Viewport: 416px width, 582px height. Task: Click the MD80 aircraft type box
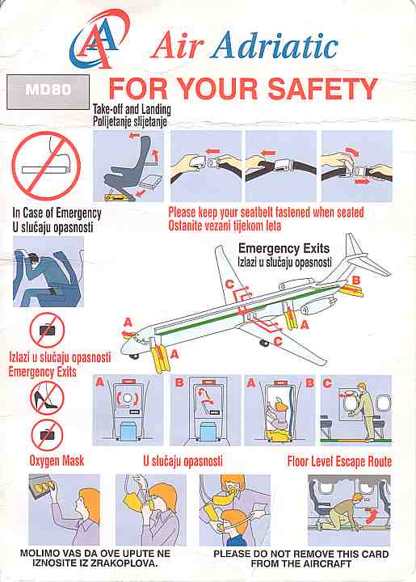[48, 91]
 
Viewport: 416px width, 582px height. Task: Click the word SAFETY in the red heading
[322, 89]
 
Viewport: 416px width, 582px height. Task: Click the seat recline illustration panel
[128, 166]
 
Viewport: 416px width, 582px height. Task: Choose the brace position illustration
[48, 272]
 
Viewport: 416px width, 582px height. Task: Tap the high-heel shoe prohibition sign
[47, 399]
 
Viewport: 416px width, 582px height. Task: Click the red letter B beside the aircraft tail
[356, 280]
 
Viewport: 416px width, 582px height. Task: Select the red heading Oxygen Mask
[57, 461]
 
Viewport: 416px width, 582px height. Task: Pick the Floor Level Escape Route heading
[339, 462]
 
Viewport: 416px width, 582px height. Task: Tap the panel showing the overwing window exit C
[356, 410]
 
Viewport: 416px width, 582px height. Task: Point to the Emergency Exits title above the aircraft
[284, 248]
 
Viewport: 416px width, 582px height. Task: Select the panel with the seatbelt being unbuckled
[357, 166]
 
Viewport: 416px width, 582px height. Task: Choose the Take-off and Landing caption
[132, 109]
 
